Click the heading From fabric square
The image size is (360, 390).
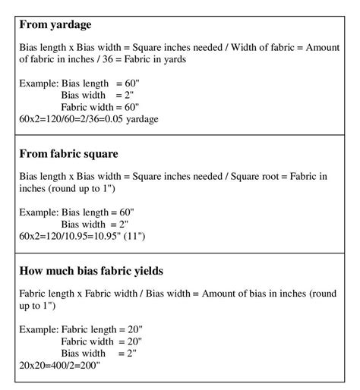pos(68,153)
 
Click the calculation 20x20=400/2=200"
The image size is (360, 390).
pos(60,366)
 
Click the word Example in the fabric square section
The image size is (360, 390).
pos(38,212)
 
